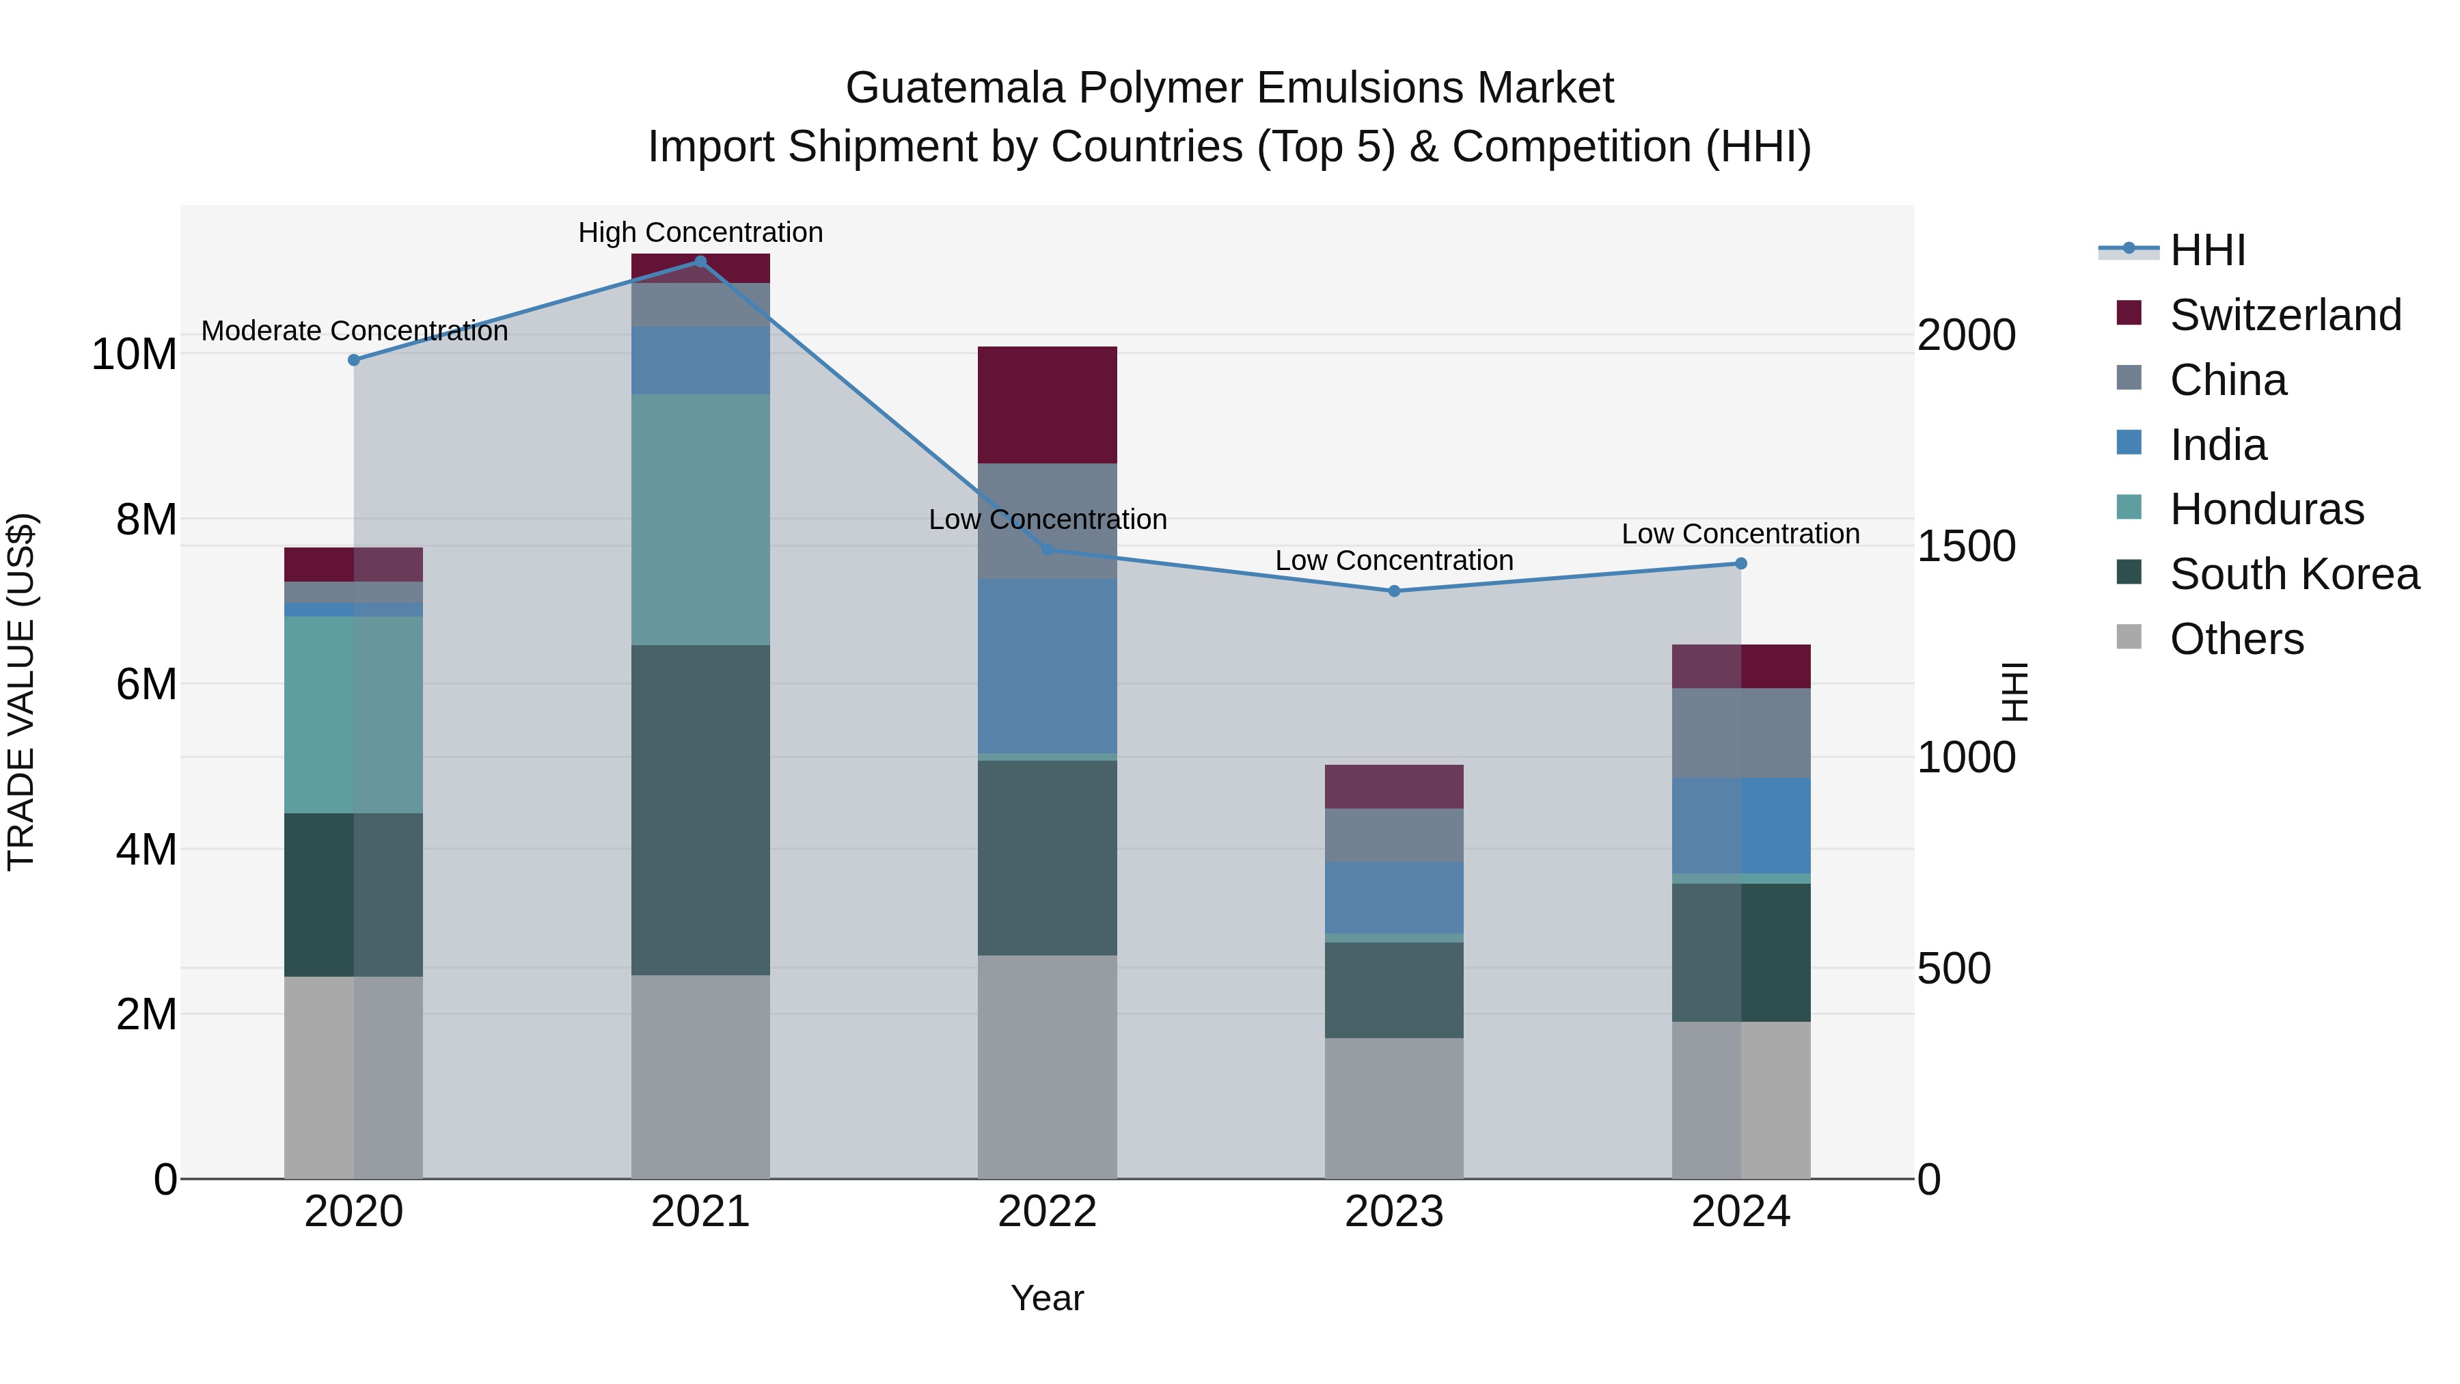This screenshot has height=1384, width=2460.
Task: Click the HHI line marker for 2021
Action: click(x=700, y=262)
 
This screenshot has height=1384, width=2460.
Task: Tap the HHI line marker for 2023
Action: click(x=1393, y=591)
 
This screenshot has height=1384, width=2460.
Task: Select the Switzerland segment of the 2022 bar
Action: click(x=1047, y=405)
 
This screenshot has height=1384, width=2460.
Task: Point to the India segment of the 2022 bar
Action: click(x=1047, y=666)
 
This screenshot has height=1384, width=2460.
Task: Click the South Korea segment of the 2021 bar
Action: click(x=700, y=810)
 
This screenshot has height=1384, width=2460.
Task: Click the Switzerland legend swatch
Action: click(x=2129, y=313)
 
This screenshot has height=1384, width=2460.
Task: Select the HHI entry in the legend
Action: click(x=2207, y=250)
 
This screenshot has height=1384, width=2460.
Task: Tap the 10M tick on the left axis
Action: click(x=134, y=354)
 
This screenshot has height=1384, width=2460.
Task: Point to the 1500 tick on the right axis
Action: click(x=1966, y=546)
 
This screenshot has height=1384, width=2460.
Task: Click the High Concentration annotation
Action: click(x=700, y=232)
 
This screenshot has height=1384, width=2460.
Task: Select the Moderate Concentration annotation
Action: click(x=354, y=331)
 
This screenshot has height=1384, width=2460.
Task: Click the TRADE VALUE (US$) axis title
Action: click(x=21, y=692)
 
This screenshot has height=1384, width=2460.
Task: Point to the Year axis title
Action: click(x=1047, y=1298)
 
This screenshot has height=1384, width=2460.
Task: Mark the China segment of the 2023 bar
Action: click(x=1393, y=836)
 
